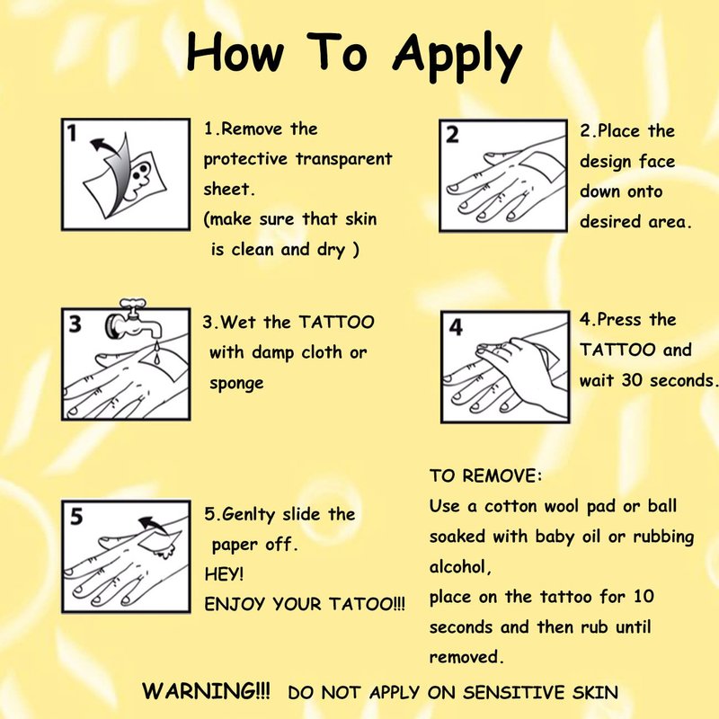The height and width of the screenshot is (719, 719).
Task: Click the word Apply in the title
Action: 457,57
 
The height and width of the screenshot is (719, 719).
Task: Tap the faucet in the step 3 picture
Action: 133,321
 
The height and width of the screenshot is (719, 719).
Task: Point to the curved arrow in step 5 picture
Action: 153,524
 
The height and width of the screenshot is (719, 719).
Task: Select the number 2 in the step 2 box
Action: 452,135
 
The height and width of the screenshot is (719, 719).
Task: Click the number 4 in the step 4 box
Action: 456,327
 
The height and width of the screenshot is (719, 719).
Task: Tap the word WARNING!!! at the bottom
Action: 206,690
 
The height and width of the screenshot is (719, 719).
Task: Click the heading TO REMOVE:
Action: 485,476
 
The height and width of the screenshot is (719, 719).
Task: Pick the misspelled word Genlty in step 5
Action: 248,515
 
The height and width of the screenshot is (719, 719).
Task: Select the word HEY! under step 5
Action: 224,573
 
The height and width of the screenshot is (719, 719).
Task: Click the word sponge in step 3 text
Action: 236,384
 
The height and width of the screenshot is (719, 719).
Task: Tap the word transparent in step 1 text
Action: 344,159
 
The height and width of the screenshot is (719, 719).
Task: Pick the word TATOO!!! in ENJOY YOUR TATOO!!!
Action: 367,604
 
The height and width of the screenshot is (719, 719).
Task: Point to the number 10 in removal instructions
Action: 644,597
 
